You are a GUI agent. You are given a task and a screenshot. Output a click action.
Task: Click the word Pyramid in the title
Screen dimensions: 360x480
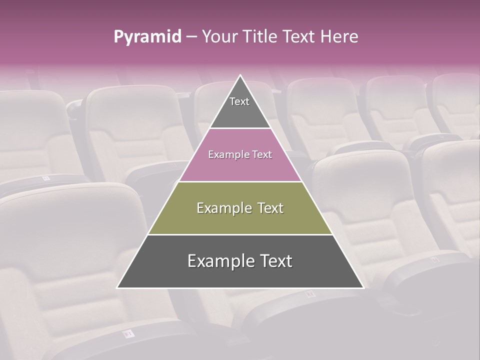coord(147,37)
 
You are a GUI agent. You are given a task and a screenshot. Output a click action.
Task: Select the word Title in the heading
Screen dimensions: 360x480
coord(261,37)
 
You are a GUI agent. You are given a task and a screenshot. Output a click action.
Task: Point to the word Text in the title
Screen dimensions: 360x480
coord(300,37)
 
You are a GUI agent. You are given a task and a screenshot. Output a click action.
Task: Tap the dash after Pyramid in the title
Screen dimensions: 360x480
coord(191,37)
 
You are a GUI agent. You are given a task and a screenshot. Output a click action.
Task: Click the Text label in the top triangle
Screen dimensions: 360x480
coord(239,102)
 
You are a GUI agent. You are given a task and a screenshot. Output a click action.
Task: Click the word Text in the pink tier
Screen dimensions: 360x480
coord(261,155)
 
